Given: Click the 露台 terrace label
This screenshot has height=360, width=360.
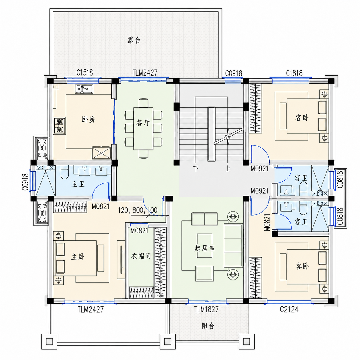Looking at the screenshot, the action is pyautogui.click(x=134, y=40).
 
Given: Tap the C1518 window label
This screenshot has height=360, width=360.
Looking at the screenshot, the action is pyautogui.click(x=84, y=73).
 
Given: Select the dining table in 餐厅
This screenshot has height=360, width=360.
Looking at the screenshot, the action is pyautogui.click(x=143, y=129).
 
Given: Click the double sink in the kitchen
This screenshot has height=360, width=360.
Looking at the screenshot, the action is pyautogui.click(x=84, y=89).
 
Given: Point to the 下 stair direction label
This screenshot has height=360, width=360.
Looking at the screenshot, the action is pyautogui.click(x=196, y=169).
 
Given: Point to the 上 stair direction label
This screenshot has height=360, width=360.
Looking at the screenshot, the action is pyautogui.click(x=228, y=169).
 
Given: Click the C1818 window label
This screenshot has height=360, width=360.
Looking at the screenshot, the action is pyautogui.click(x=294, y=73).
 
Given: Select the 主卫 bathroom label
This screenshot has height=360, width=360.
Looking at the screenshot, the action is pyautogui.click(x=78, y=184).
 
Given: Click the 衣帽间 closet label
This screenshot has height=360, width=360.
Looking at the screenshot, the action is pyautogui.click(x=141, y=256).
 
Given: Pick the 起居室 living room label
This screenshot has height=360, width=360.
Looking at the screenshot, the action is pyautogui.click(x=205, y=249).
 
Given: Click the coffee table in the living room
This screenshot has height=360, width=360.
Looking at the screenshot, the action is pyautogui.click(x=205, y=246).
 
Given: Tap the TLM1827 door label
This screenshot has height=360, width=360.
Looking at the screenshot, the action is pyautogui.click(x=206, y=309).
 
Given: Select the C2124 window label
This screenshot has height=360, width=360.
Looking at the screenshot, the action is pyautogui.click(x=289, y=309).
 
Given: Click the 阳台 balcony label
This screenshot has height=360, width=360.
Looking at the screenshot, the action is pyautogui.click(x=208, y=326).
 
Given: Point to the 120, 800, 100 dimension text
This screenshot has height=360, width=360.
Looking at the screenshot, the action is pyautogui.click(x=138, y=210).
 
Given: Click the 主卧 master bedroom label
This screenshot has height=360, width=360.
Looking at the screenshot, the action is pyautogui.click(x=78, y=257).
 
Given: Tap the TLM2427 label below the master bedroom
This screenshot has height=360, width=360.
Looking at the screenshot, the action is pyautogui.click(x=91, y=309).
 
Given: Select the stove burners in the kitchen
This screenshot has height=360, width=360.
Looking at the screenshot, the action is pyautogui.click(x=60, y=125).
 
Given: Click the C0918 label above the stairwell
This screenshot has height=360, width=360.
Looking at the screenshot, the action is pyautogui.click(x=233, y=73).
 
